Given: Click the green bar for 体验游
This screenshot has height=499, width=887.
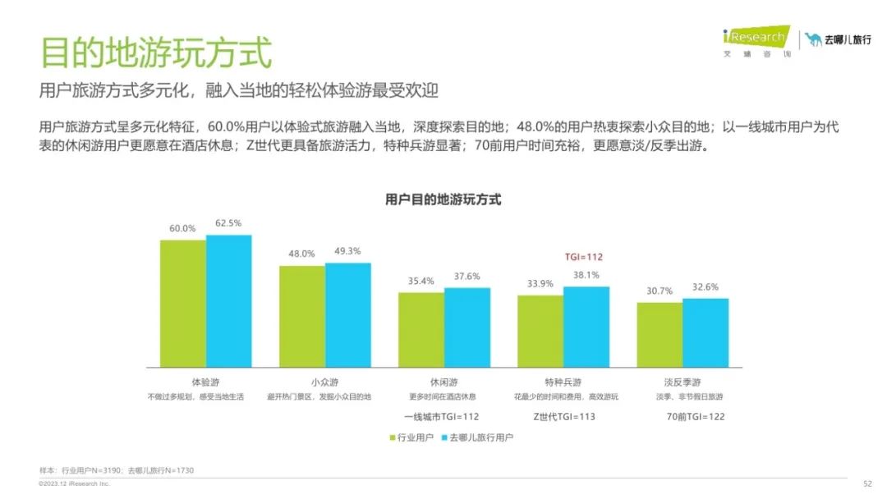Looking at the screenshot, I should point(182,303).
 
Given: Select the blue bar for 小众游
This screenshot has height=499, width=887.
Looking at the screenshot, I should point(348,314).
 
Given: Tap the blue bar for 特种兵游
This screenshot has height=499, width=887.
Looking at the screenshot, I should point(586,327).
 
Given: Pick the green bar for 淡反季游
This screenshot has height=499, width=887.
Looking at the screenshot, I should point(660,334).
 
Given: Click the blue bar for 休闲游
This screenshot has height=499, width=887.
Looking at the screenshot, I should point(467,327).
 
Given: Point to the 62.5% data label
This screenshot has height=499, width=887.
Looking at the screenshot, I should point(228,223).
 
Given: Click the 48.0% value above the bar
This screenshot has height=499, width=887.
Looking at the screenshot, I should point(301,254).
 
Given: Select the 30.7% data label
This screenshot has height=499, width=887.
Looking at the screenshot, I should point(660,291).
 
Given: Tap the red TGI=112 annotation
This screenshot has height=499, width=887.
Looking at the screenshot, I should point(583,257).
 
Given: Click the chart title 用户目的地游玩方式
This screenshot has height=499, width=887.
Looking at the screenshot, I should point(443,199).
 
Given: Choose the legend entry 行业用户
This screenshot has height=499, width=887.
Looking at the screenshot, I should point(411,438).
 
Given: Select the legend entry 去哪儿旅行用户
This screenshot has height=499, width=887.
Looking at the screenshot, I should point(476,438).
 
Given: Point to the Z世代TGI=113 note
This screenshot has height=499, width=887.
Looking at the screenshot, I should point(564,417).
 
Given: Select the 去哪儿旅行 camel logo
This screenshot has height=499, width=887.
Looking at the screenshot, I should point(813,39).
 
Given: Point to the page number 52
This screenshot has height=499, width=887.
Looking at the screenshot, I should point(867,483).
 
